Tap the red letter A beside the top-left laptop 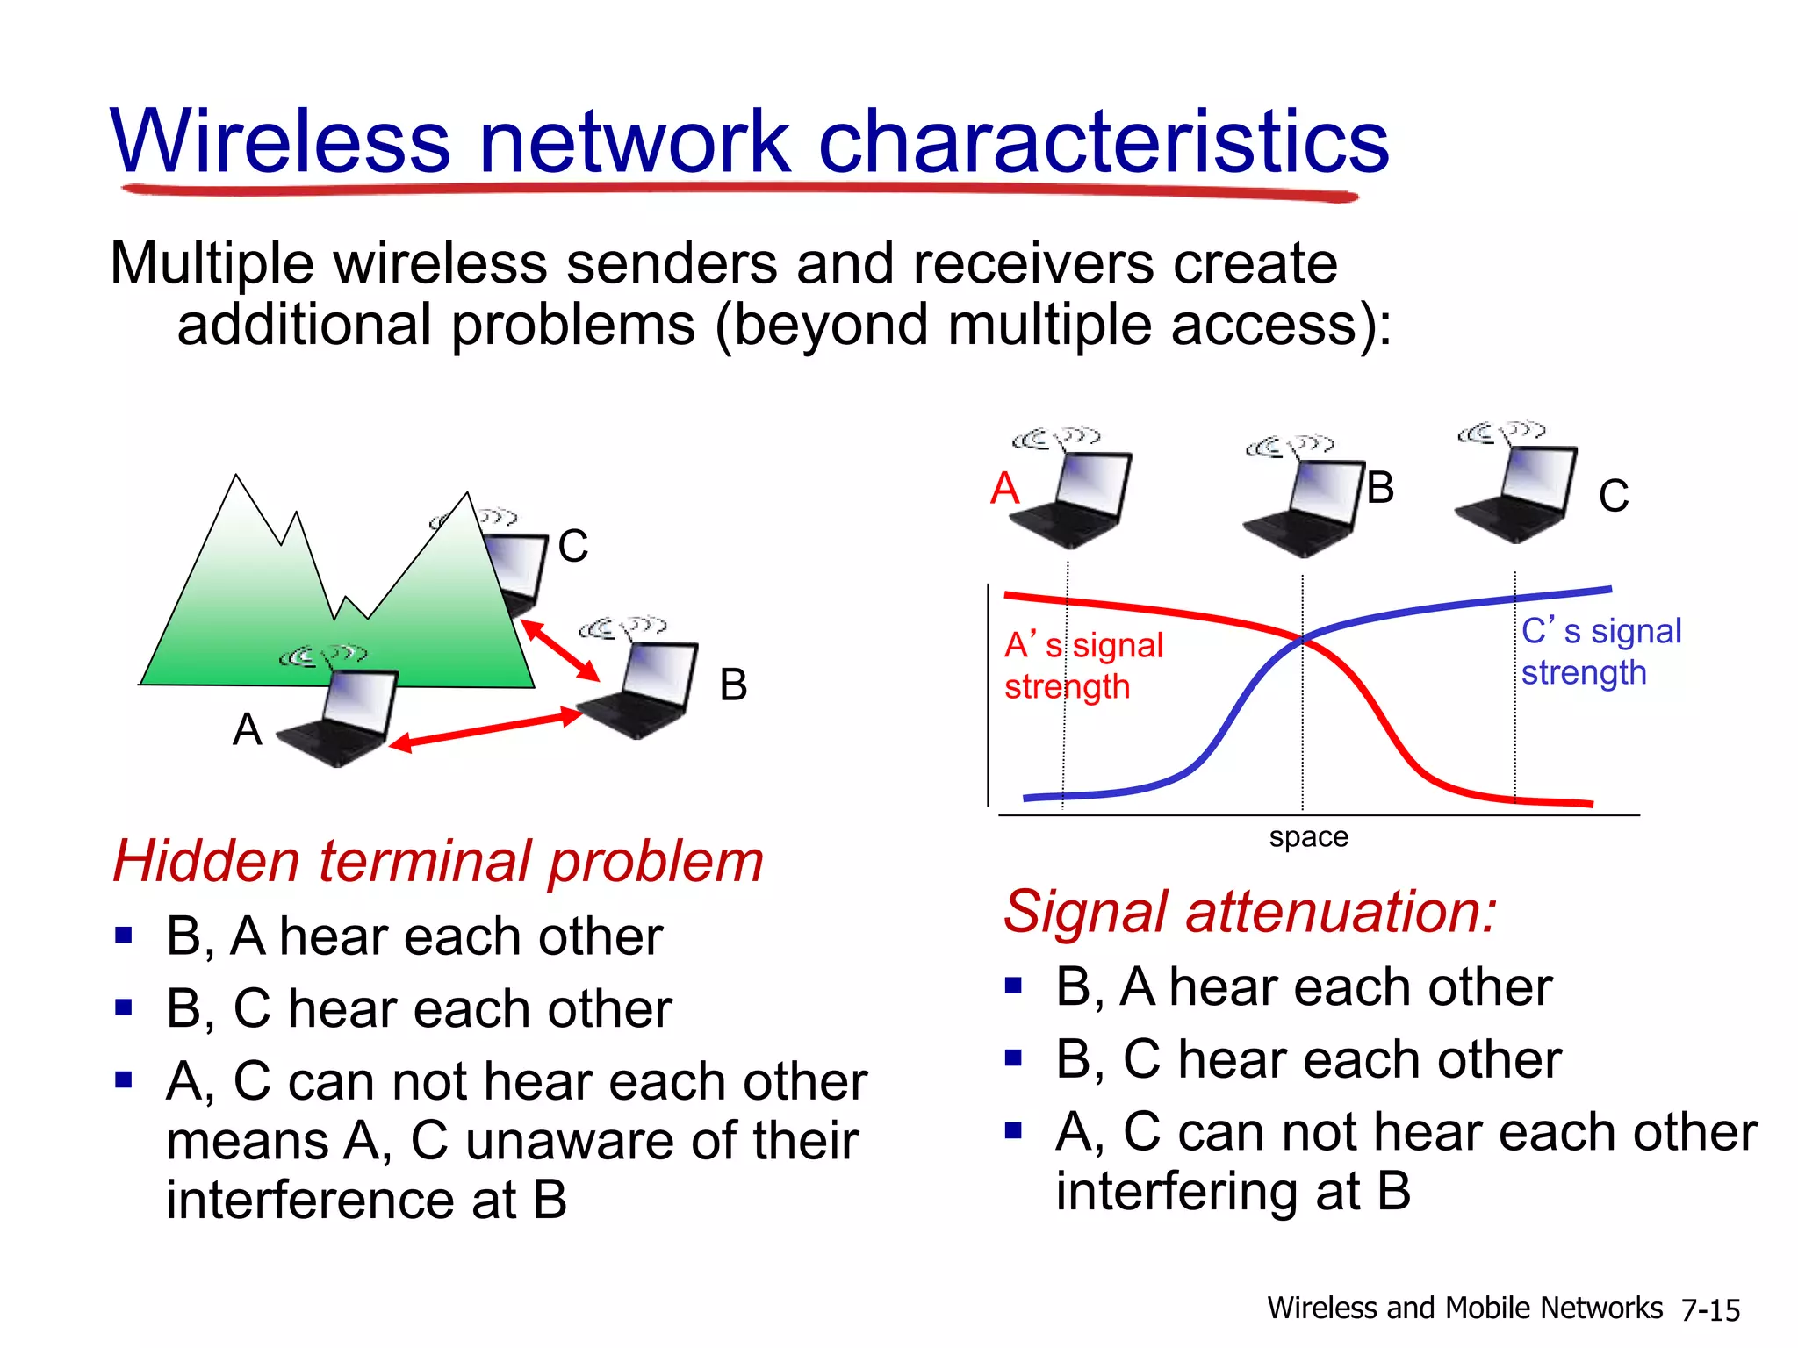[x=1004, y=488]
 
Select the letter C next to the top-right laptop [x=1613, y=496]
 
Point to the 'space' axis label [x=1308, y=836]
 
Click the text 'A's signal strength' [x=1082, y=665]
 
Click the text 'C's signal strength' [x=1600, y=651]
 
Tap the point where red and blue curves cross [x=1302, y=641]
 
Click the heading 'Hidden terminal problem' [x=437, y=861]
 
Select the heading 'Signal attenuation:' [x=1249, y=911]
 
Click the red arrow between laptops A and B [x=485, y=729]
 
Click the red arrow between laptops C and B [x=560, y=650]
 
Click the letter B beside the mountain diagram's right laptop [x=733, y=685]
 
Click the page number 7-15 [x=1710, y=1310]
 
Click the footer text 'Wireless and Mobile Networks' [x=1464, y=1308]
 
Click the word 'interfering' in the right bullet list [x=1176, y=1191]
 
